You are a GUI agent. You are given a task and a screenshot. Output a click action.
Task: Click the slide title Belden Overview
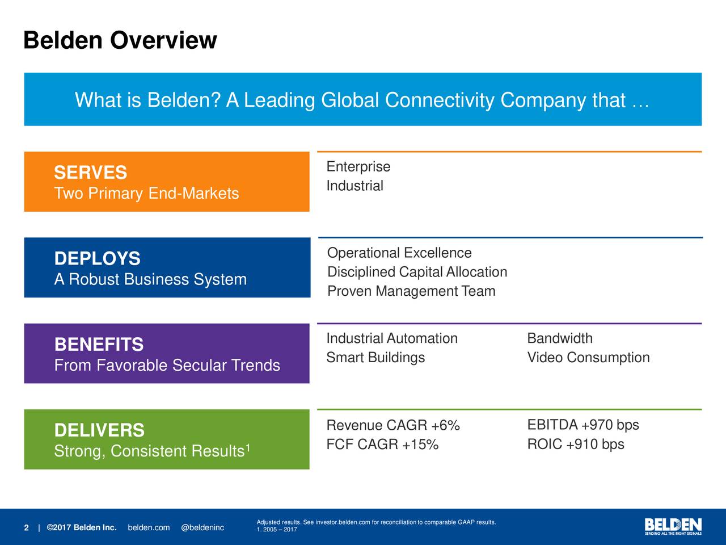pyautogui.click(x=120, y=41)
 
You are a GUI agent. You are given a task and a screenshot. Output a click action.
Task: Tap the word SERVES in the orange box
pyautogui.click(x=90, y=173)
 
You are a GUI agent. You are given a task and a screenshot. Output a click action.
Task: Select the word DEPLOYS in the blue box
pyautogui.click(x=97, y=259)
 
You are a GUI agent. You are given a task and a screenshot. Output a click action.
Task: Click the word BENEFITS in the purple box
pyautogui.click(x=99, y=345)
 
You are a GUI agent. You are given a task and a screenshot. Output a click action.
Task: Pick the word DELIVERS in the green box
pyautogui.click(x=99, y=430)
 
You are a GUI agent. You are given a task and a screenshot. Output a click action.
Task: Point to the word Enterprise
pyautogui.click(x=358, y=167)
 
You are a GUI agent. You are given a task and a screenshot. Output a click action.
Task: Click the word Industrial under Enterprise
pyautogui.click(x=354, y=186)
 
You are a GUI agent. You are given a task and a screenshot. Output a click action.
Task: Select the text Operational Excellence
pyautogui.click(x=399, y=253)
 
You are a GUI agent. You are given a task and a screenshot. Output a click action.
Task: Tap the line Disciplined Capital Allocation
pyautogui.click(x=417, y=272)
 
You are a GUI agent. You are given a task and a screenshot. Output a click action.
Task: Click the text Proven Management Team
pyautogui.click(x=411, y=291)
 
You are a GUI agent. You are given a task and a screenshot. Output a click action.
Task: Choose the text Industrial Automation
pyautogui.click(x=391, y=339)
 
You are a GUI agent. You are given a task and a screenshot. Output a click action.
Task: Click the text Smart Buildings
pyautogui.click(x=375, y=358)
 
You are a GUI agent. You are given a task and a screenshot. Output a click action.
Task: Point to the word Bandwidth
pyautogui.click(x=559, y=339)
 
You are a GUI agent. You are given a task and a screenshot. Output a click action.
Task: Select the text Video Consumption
pyautogui.click(x=588, y=358)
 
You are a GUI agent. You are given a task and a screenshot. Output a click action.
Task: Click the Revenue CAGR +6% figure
pyautogui.click(x=392, y=426)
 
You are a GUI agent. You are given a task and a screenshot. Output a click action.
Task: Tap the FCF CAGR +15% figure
pyautogui.click(x=382, y=445)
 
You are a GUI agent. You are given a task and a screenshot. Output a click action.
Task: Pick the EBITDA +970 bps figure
pyautogui.click(x=583, y=425)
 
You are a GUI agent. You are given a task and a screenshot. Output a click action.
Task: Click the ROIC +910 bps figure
pyautogui.click(x=575, y=445)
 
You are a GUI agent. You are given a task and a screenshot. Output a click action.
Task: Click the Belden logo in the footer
pyautogui.click(x=673, y=526)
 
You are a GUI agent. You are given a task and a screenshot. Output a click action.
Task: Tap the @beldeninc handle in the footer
pyautogui.click(x=202, y=528)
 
